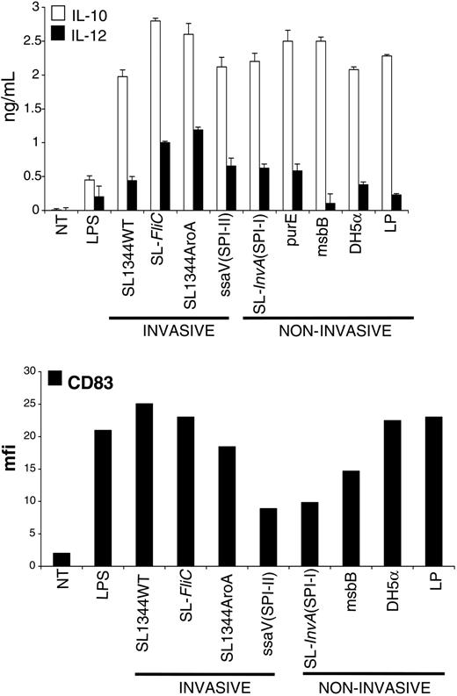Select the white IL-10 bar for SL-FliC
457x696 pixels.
pos(179,115)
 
